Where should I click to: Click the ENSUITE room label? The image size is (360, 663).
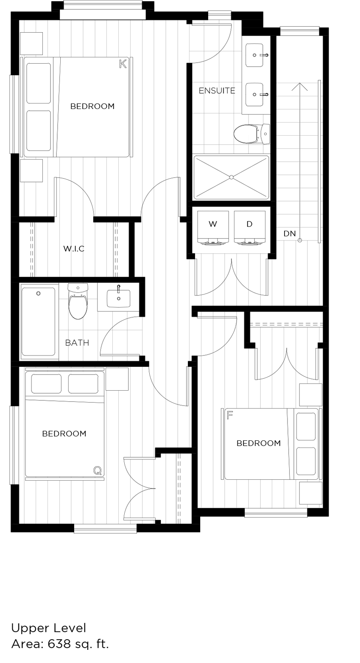(217, 90)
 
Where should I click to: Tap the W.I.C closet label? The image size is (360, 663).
(74, 249)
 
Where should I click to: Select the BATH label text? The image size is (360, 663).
(77, 343)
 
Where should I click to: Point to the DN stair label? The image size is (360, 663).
(290, 234)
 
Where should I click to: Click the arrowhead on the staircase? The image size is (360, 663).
(300, 86)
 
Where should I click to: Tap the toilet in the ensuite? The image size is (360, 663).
(250, 134)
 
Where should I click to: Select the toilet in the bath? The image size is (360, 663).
(78, 302)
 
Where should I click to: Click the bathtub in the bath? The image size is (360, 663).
(38, 321)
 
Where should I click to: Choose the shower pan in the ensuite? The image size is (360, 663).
(231, 177)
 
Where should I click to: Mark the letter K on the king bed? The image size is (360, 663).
(123, 64)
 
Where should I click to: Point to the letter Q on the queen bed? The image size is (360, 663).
(98, 470)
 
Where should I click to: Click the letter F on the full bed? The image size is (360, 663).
(230, 415)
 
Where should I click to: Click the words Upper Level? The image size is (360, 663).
(49, 628)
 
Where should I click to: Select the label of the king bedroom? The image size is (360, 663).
(92, 106)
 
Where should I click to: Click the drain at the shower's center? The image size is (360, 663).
(232, 177)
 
